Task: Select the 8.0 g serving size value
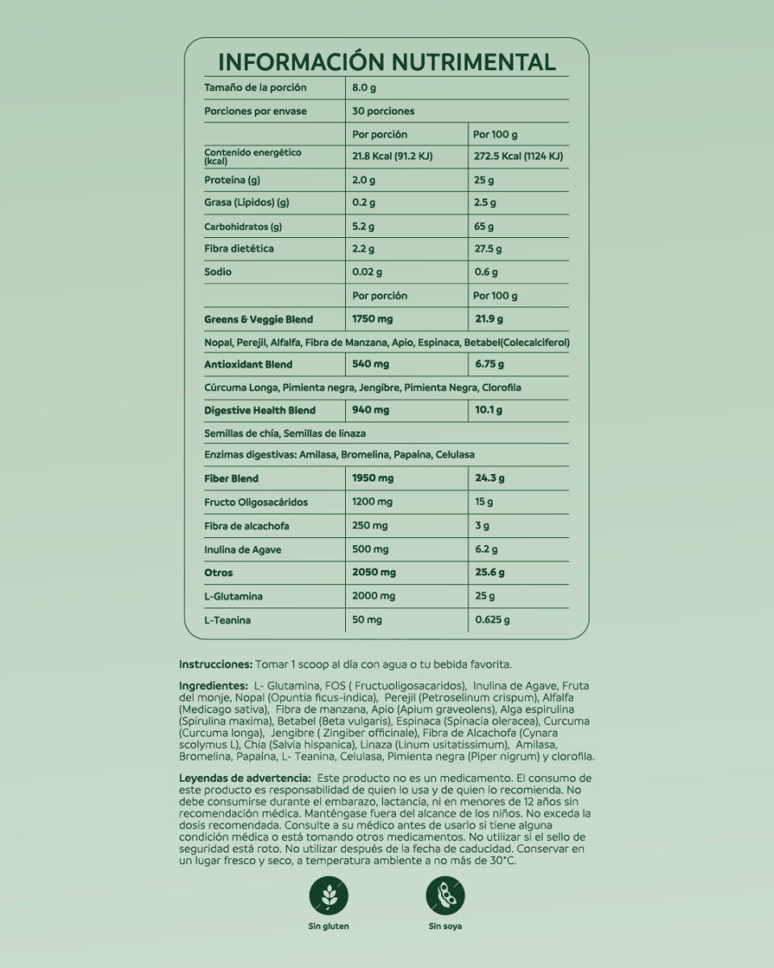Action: tap(365, 87)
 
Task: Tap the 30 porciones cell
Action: tap(384, 111)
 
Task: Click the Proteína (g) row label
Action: tap(232, 180)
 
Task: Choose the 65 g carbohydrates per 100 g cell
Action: tap(484, 227)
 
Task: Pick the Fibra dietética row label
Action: tap(239, 248)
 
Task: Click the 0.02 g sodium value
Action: tap(367, 272)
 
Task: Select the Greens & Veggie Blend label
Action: tap(258, 319)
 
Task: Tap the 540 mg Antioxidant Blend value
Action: tap(371, 365)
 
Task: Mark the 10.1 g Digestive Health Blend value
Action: tap(488, 410)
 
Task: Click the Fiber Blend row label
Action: tap(231, 478)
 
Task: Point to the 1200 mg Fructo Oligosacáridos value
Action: tap(372, 502)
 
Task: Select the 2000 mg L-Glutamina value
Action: tap(374, 596)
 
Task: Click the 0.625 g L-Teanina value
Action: tap(492, 620)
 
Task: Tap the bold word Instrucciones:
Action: tap(215, 665)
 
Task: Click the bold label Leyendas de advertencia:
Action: tap(239, 778)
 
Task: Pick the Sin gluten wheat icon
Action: tap(329, 895)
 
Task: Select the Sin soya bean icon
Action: tap(445, 895)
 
